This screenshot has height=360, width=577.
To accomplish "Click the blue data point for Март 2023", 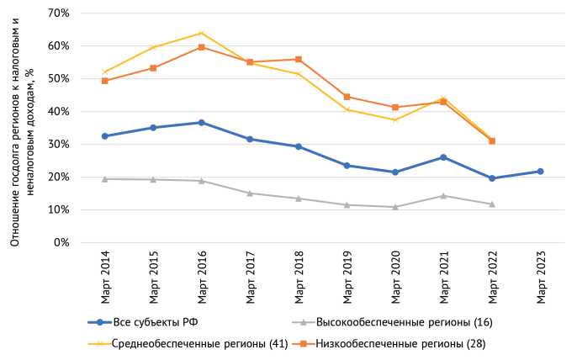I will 540,172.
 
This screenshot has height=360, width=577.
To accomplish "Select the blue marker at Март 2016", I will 201,123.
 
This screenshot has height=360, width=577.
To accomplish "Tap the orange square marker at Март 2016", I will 201,47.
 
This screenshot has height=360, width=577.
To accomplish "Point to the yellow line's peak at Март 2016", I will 201,33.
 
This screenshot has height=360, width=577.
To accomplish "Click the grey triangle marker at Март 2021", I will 443,196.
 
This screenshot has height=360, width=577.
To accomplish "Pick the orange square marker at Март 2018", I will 298,60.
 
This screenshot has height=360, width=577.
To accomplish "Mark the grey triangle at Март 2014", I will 104,179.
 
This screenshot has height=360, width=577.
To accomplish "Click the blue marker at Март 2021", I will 443,157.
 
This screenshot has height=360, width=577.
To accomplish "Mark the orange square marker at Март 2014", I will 104,81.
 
